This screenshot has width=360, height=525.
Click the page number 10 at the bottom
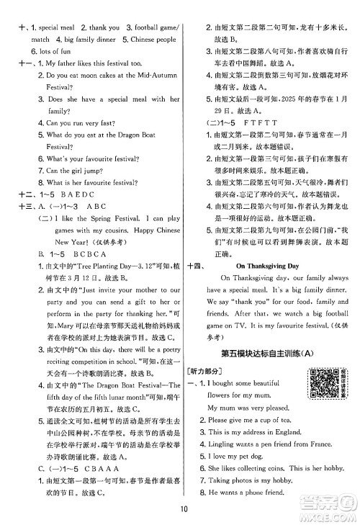[x=180, y=511]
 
